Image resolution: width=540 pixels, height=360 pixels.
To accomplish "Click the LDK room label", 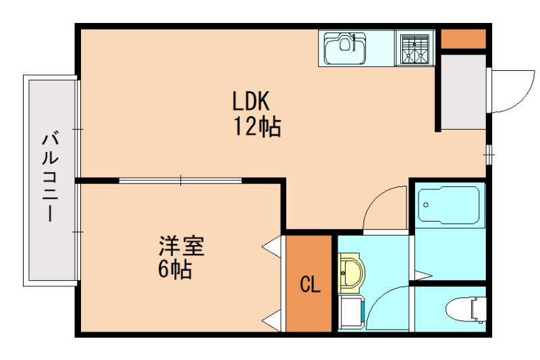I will point(251,102).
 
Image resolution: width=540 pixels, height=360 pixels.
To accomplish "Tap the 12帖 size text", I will point(257,126).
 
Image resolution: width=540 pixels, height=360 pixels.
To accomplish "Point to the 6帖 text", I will point(175,269).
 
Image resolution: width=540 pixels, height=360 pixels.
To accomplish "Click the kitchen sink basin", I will point(344,49).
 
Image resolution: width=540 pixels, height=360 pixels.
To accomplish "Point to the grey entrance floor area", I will point(463,91).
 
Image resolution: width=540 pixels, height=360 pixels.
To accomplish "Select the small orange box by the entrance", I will point(463,39).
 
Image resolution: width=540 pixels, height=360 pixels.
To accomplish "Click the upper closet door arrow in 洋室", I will point(272,247).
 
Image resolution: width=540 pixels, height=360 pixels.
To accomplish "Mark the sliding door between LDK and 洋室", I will point(181,180).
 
